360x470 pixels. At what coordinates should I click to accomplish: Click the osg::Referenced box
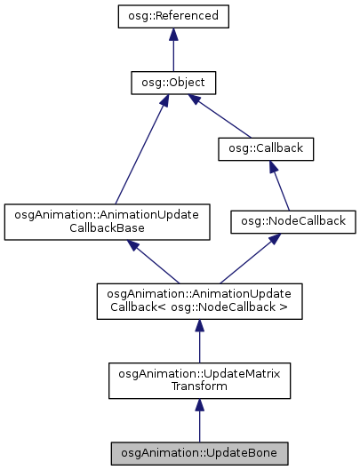click(173, 16)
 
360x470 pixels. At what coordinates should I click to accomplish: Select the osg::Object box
click(173, 84)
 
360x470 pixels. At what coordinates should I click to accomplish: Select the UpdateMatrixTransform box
click(199, 378)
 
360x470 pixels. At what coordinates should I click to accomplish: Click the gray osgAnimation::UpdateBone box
click(200, 453)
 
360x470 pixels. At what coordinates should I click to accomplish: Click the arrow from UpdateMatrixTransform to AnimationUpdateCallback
click(200, 342)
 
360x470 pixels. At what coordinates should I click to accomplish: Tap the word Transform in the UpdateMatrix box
click(199, 386)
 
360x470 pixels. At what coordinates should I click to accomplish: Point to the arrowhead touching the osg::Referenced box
click(173, 36)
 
